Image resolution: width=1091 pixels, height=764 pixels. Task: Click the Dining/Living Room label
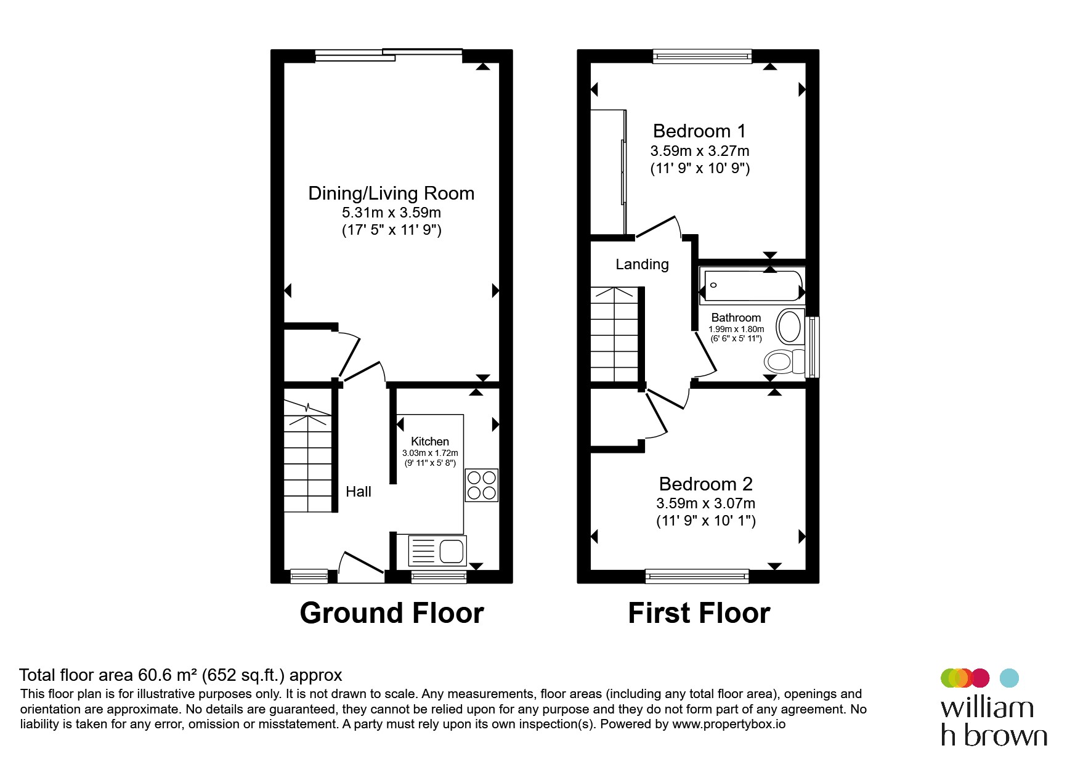point(391,193)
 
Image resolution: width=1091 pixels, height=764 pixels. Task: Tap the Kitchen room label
point(430,441)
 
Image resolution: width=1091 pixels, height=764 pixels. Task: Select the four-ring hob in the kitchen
point(482,485)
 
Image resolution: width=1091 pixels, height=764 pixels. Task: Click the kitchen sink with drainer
point(437,551)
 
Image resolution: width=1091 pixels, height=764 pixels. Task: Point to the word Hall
point(359,492)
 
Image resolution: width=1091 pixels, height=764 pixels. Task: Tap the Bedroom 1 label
point(699,131)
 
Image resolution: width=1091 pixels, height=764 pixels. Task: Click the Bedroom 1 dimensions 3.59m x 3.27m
point(700,151)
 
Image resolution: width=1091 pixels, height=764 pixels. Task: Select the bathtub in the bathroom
point(752,285)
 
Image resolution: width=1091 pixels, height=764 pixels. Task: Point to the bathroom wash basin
point(790,327)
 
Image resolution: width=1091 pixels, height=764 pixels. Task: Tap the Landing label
point(642,264)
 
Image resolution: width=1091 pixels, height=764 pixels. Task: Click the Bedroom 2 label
point(706,484)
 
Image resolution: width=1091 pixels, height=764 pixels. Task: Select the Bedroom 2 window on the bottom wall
point(697,576)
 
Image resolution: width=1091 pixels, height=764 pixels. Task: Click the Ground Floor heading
point(392,613)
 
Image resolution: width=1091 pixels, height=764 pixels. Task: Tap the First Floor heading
point(699,613)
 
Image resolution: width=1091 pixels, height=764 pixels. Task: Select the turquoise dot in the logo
point(1009,678)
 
